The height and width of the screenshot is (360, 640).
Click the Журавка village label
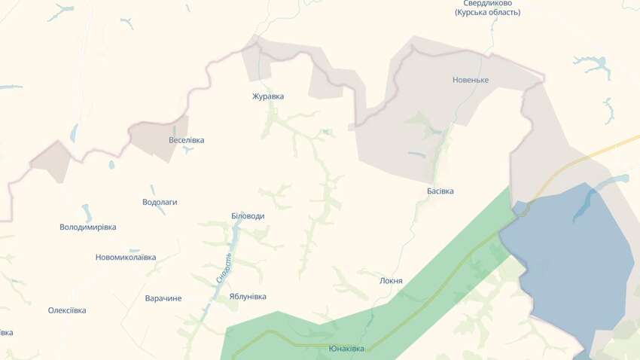pyautogui.click(x=268, y=96)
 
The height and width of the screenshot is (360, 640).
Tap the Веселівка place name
pyautogui.click(x=186, y=140)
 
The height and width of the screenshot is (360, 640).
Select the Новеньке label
pyautogui.click(x=471, y=80)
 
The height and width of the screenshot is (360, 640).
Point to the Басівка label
pyautogui.click(x=440, y=191)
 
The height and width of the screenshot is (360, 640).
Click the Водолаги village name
pyautogui.click(x=160, y=202)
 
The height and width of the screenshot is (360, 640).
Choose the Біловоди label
pyautogui.click(x=248, y=216)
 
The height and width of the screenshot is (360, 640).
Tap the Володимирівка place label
pyautogui.click(x=88, y=227)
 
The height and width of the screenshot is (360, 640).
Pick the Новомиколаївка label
pyautogui.click(x=126, y=257)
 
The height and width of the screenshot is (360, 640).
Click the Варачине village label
pyautogui.click(x=163, y=298)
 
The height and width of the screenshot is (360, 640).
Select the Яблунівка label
pyautogui.click(x=248, y=297)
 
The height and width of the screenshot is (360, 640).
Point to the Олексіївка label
pyautogui.click(x=67, y=310)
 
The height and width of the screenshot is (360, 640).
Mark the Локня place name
pyautogui.click(x=392, y=281)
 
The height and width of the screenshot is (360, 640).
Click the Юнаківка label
pyautogui.click(x=346, y=349)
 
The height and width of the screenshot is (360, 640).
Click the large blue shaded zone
pyautogui.click(x=572, y=256)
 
